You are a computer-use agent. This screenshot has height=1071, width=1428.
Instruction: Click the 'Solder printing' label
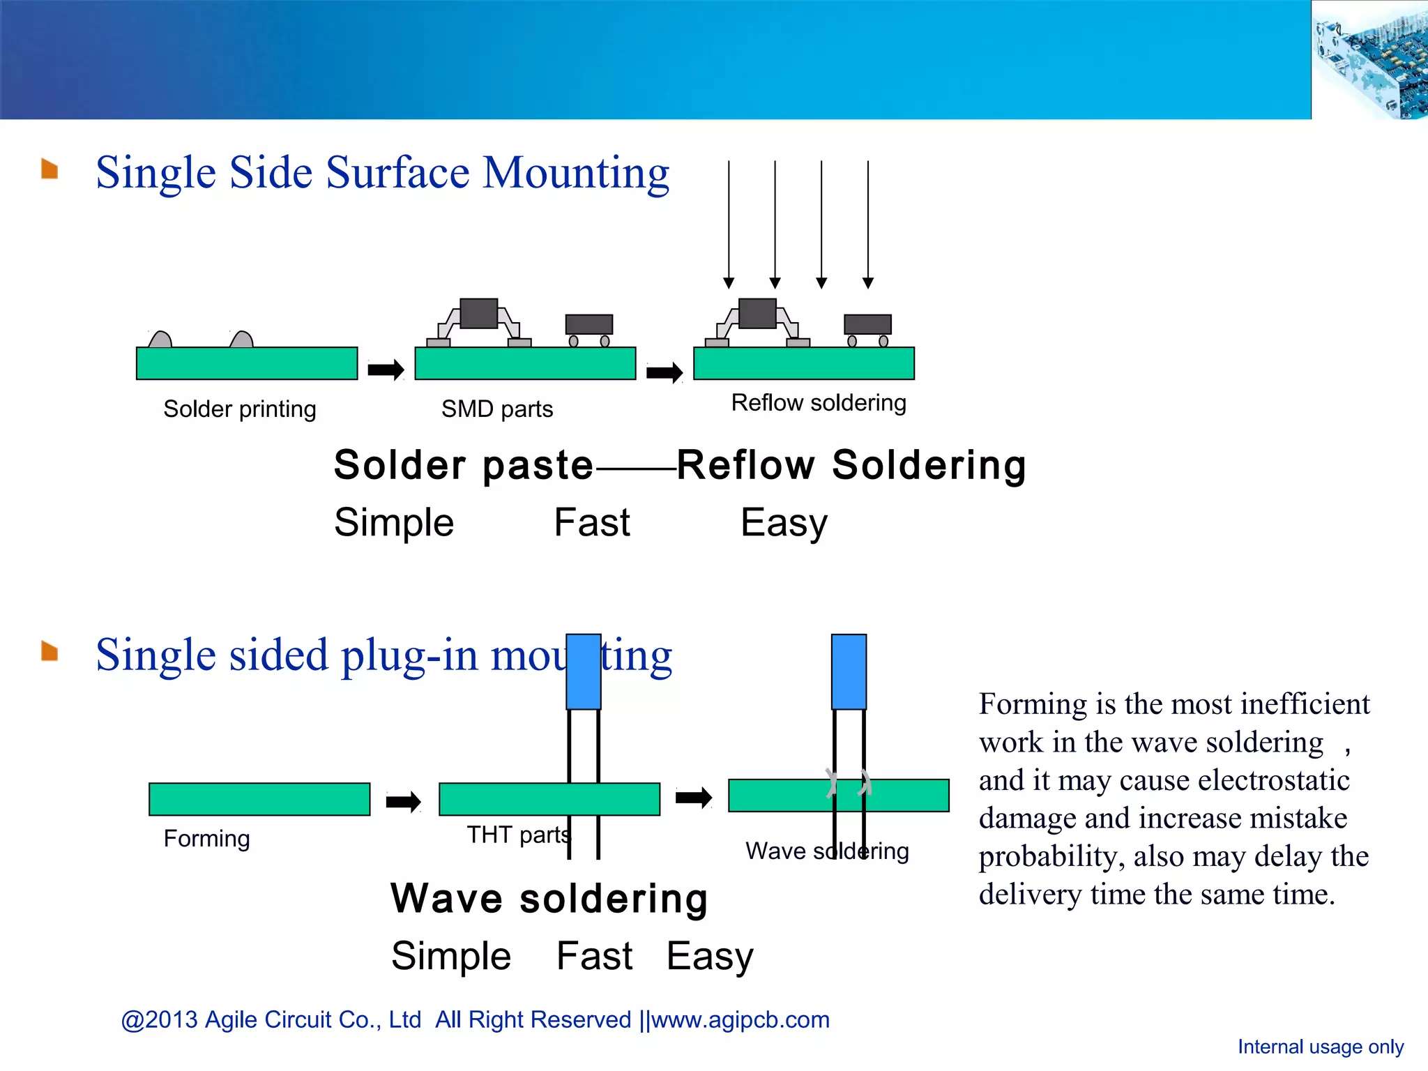pyautogui.click(x=239, y=409)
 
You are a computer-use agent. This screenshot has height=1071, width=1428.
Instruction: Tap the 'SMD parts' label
pyautogui.click(x=496, y=409)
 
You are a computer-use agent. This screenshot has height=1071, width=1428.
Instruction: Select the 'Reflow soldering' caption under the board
pyautogui.click(x=818, y=402)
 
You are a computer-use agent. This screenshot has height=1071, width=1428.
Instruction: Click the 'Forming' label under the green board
pyautogui.click(x=206, y=837)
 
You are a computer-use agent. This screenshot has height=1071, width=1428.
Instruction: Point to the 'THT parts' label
pyautogui.click(x=517, y=834)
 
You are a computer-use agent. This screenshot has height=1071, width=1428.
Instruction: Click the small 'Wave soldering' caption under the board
pyautogui.click(x=826, y=851)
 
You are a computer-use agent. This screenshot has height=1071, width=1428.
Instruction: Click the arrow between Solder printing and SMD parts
pyautogui.click(x=386, y=370)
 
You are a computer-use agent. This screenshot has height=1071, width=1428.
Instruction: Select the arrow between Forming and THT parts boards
pyautogui.click(x=403, y=802)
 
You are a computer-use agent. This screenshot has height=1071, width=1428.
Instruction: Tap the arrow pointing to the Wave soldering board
pyautogui.click(x=693, y=797)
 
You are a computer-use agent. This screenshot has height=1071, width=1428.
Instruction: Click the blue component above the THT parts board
pyautogui.click(x=583, y=671)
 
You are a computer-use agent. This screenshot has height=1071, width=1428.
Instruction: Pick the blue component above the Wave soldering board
pyautogui.click(x=849, y=671)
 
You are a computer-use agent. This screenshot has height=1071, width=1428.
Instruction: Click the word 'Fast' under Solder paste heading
pyautogui.click(x=591, y=522)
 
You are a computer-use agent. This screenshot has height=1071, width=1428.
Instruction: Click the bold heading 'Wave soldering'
pyautogui.click(x=549, y=898)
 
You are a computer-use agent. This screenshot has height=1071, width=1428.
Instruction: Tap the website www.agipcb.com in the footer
pyautogui.click(x=740, y=1019)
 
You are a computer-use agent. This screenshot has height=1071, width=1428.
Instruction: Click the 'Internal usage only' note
pyautogui.click(x=1320, y=1047)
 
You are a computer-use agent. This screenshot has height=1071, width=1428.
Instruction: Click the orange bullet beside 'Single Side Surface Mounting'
pyautogui.click(x=50, y=169)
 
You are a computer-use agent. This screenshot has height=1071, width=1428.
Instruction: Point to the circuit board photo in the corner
pyautogui.click(x=1369, y=60)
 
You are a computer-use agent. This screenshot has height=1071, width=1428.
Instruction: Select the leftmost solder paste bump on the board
pyautogui.click(x=160, y=340)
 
